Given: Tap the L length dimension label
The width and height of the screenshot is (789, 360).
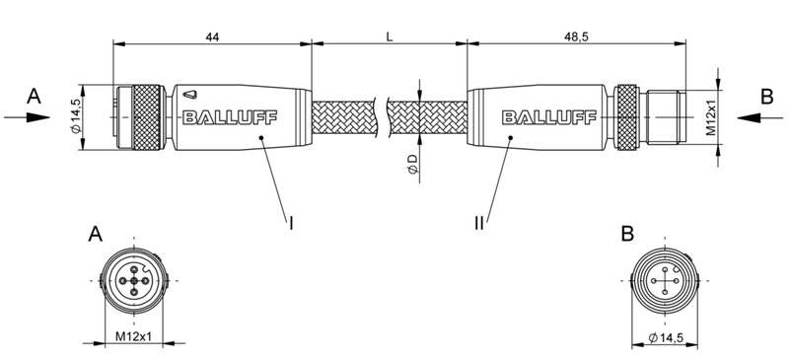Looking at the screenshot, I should (x=391, y=36).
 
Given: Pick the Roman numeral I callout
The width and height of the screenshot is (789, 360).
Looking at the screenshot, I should (x=292, y=223).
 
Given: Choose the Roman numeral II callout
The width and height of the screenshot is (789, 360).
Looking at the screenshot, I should (x=477, y=223).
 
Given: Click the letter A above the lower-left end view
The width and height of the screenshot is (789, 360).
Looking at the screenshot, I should (x=96, y=235).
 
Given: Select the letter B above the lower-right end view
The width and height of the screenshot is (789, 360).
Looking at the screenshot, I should (x=628, y=235).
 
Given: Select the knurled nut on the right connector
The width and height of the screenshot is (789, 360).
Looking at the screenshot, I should (x=627, y=118).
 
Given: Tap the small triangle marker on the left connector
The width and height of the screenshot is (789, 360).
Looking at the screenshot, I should (x=190, y=96).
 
